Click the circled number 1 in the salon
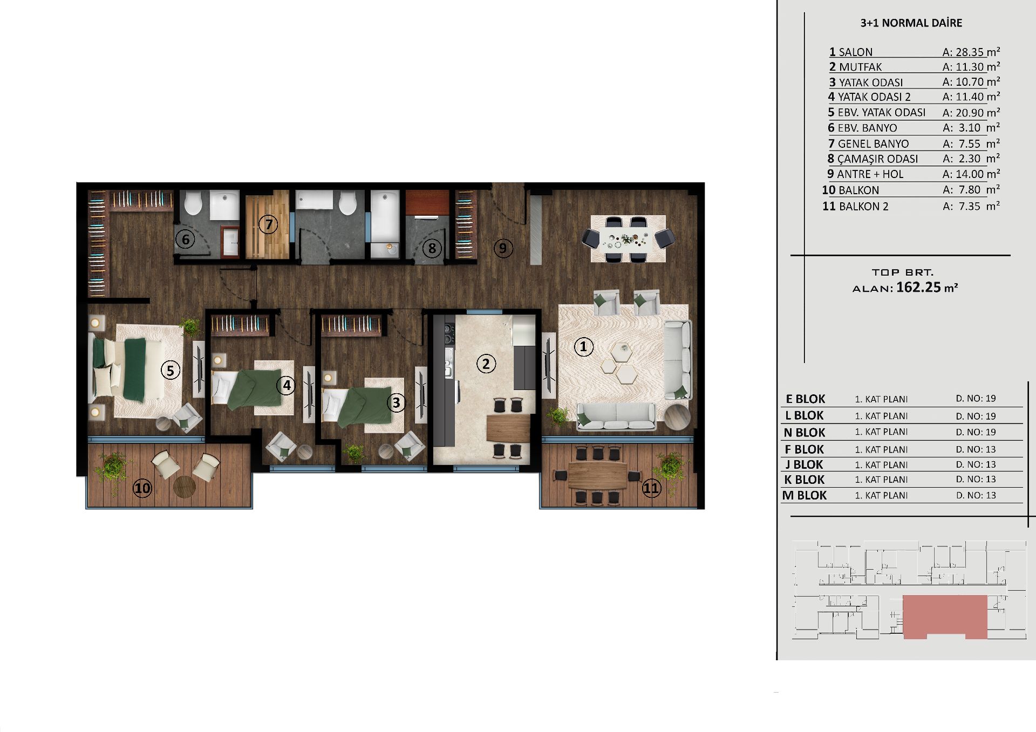pos(583,346)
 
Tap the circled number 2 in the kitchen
pos(486,364)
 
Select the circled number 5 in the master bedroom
pos(171,370)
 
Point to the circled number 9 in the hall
pos(503,248)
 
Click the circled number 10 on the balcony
pos(142,488)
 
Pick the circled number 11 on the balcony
pos(651,488)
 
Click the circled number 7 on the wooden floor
pos(268,224)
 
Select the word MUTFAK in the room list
pos(861,67)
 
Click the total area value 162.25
pos(918,287)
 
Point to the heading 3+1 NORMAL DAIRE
pos(911,23)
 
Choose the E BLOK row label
pos(806,399)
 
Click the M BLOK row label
pos(805,495)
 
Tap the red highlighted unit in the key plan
pos(945,615)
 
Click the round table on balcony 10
pos(185,486)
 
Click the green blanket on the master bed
pos(135,370)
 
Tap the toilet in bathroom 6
pos(193,203)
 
